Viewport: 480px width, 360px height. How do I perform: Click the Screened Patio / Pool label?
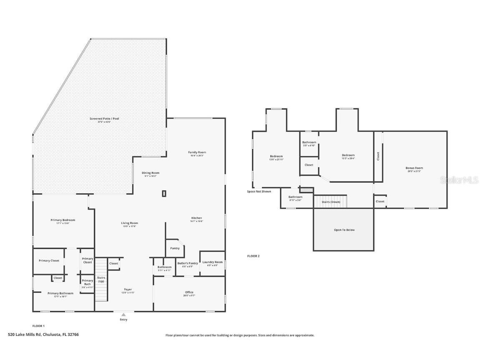click(x=104, y=119)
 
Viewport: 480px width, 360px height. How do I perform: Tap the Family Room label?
click(x=197, y=153)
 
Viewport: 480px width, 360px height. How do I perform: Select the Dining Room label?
click(x=151, y=173)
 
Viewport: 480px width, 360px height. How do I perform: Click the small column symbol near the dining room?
click(x=164, y=193)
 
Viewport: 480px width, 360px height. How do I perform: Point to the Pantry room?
click(x=175, y=248)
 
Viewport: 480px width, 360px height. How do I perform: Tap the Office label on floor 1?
click(x=189, y=292)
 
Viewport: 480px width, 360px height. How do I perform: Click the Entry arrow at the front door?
click(x=123, y=315)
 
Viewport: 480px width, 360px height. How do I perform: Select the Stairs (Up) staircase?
click(x=101, y=279)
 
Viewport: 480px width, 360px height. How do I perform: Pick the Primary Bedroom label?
click(x=63, y=220)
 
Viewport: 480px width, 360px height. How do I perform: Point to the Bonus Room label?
click(x=414, y=168)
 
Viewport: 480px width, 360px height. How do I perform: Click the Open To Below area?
click(x=344, y=230)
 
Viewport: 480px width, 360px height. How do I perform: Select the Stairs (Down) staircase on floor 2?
click(x=331, y=201)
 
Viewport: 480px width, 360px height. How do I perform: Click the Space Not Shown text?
click(x=259, y=191)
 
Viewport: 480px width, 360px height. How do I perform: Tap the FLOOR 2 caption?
click(x=253, y=256)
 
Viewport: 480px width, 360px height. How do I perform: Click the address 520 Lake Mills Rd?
click(x=43, y=335)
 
